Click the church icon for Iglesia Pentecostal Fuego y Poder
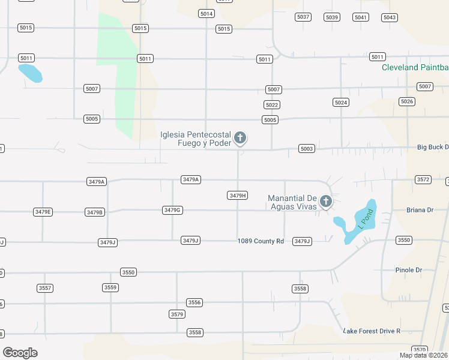pos(240,139)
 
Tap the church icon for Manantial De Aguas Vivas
pos(325,202)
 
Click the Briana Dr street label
pos(420,210)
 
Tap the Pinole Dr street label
pos(409,270)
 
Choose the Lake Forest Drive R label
pos(371,331)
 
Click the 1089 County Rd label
pos(260,241)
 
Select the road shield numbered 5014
pos(206,14)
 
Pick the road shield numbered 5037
pos(303,17)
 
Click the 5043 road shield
pos(390,17)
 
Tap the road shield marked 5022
pos(271,105)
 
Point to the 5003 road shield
pos(307,149)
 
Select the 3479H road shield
pos(238,196)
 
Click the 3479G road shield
pos(172,210)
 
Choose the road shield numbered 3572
pos(423,179)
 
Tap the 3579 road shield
pos(176,314)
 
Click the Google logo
pos(20,353)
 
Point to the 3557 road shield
pos(45,288)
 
